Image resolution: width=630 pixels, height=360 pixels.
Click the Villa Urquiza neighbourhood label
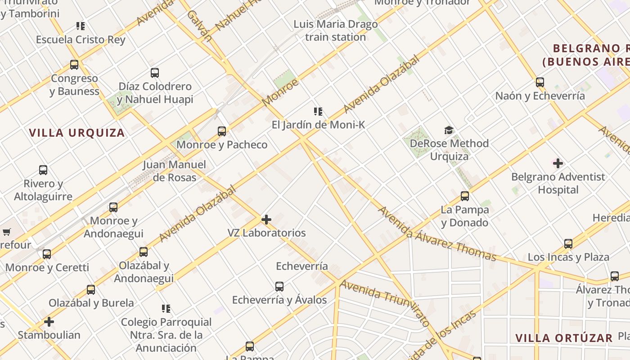point(77,133)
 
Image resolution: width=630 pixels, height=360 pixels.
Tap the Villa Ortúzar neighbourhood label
point(564,338)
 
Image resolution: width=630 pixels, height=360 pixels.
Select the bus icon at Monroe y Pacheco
point(222,131)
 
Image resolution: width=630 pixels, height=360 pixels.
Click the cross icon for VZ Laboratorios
point(266,220)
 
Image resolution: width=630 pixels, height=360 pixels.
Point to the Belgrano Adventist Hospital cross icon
point(558,163)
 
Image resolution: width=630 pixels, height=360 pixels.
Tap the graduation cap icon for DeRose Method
point(449,130)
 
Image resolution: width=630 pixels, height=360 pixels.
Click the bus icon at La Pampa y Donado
point(465,196)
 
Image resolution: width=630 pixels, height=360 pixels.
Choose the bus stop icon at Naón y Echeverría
point(540,82)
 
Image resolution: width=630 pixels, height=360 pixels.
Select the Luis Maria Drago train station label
point(336,31)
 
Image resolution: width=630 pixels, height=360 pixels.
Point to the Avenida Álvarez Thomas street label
point(436,234)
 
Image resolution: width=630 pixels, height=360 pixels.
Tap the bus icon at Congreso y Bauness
point(74,65)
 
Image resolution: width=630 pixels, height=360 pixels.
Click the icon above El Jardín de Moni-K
point(318,112)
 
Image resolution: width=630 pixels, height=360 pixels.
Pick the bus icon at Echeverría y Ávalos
point(279,287)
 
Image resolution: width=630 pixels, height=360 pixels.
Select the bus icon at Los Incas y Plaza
point(568,244)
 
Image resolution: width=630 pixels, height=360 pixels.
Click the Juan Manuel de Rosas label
point(175,171)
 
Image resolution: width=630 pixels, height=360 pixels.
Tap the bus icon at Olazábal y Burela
point(91,290)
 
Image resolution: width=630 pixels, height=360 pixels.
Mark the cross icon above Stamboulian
point(49,322)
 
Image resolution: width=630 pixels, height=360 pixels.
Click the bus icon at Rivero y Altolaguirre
point(43,170)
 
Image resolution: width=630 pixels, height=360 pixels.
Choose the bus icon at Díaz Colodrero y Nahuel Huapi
point(155,73)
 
